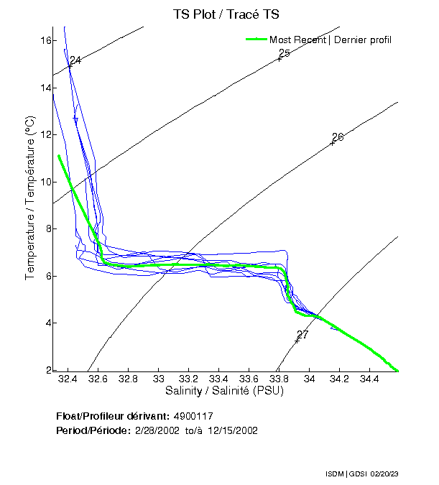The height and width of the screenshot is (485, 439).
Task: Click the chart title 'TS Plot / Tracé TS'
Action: click(x=226, y=14)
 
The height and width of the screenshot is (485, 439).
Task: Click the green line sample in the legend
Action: click(x=256, y=40)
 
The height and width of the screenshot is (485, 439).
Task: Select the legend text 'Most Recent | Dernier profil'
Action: click(x=331, y=40)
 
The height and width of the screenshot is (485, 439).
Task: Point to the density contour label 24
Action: click(x=75, y=60)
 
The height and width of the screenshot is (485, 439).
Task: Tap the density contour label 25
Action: click(x=284, y=54)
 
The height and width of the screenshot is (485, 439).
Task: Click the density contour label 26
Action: click(x=338, y=137)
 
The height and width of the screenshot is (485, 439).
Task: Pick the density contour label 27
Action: click(x=302, y=335)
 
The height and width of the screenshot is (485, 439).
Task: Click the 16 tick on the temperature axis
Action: click(x=45, y=40)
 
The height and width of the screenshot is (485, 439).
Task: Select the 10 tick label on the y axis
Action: click(x=45, y=182)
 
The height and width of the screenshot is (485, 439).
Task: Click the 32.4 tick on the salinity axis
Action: click(x=68, y=379)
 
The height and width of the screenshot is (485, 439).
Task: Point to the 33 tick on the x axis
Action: click(x=159, y=379)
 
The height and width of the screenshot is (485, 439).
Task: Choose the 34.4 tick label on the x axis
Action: click(x=369, y=379)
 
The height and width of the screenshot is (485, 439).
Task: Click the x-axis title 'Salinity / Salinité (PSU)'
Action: click(x=224, y=392)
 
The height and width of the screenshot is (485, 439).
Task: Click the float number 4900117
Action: click(x=193, y=417)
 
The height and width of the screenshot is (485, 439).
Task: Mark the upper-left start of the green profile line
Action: click(x=59, y=155)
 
